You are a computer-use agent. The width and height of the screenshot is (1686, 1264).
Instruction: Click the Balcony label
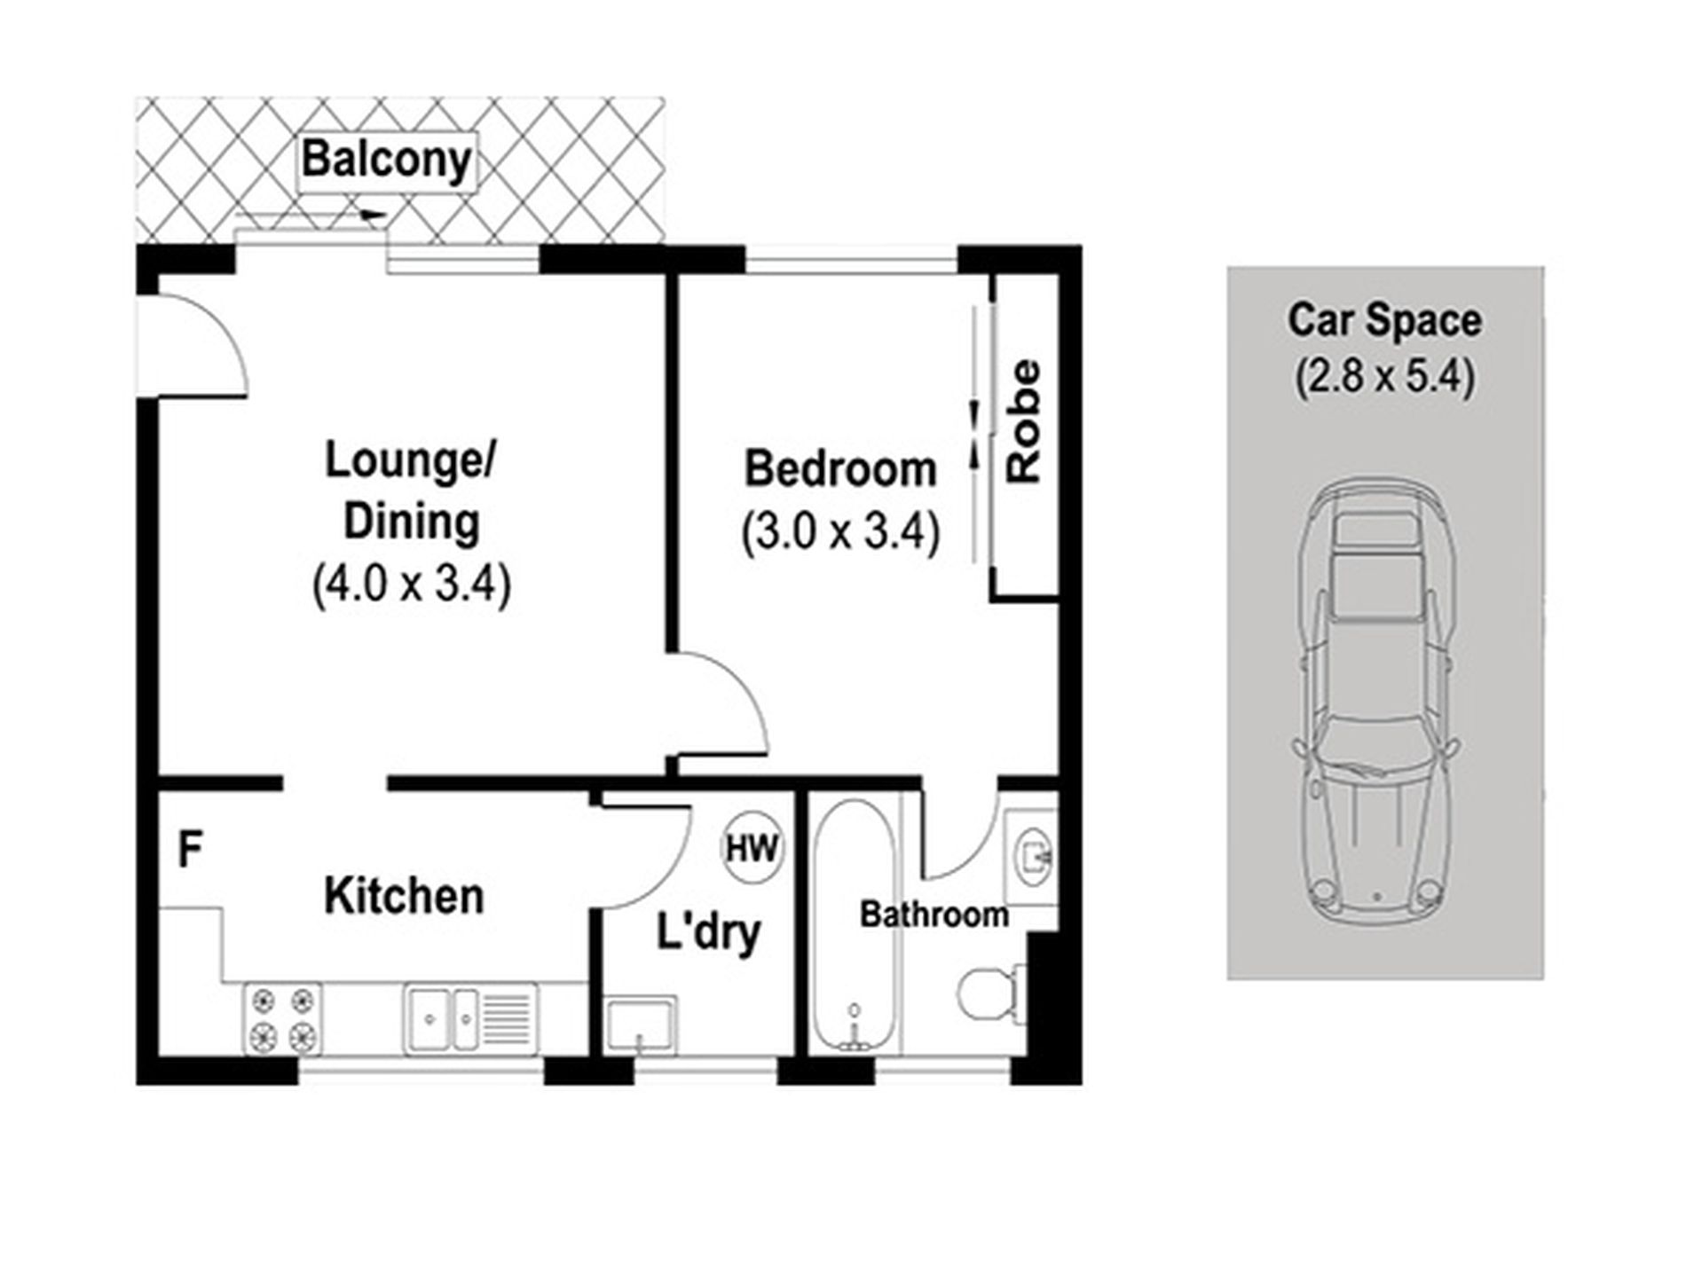[387, 161]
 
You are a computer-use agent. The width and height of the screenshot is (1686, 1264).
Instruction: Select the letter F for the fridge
[190, 849]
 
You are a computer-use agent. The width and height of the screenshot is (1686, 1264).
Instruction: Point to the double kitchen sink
[470, 1017]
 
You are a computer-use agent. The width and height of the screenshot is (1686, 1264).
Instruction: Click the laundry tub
[641, 1025]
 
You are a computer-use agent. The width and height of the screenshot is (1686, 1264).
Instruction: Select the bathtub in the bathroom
[854, 927]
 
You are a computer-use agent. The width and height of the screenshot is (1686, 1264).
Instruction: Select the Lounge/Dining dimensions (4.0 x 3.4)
[412, 585]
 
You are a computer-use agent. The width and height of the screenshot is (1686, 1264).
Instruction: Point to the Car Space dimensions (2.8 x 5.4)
[1384, 377]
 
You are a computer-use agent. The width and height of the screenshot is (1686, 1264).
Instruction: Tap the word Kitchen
[404, 896]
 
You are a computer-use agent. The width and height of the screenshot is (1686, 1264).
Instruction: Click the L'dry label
[708, 933]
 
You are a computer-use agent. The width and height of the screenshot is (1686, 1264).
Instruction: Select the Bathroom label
[934, 915]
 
